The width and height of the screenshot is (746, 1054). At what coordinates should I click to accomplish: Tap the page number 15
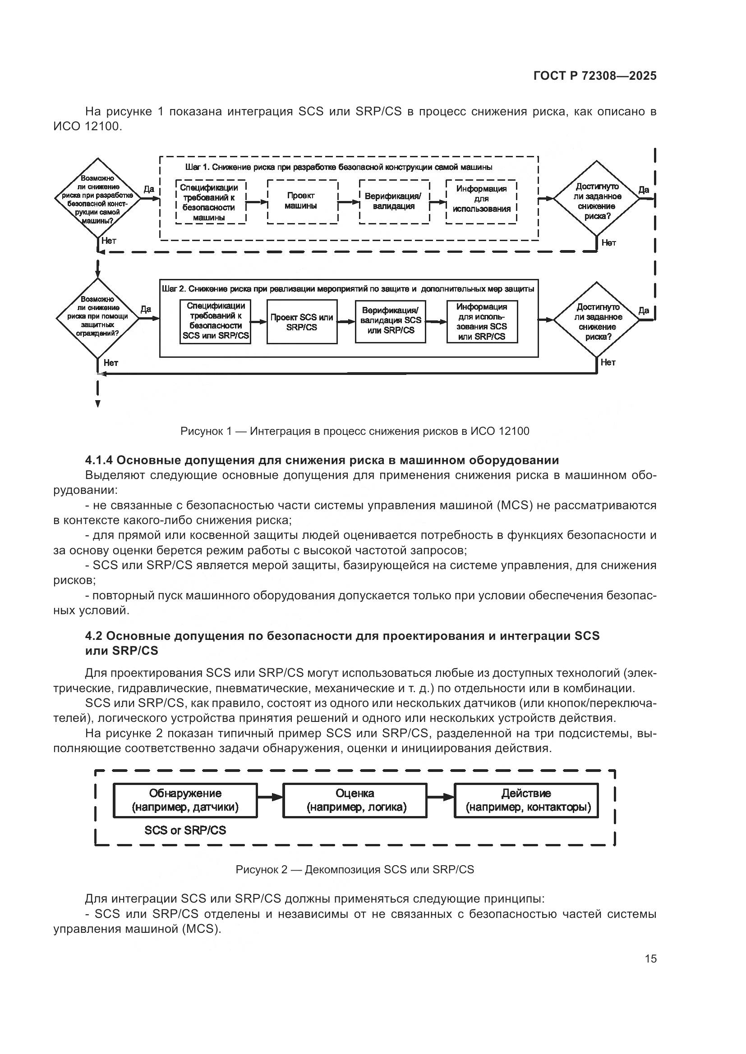[x=650, y=958]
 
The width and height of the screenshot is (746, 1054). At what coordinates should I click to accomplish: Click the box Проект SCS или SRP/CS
[x=302, y=322]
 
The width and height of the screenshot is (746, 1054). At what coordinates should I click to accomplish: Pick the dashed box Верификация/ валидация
[x=394, y=201]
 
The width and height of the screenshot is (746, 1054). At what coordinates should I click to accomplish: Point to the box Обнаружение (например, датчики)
[x=185, y=800]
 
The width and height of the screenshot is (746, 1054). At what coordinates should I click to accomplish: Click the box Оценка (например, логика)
[x=355, y=800]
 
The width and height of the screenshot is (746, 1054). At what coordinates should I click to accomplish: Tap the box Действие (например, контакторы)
[x=526, y=800]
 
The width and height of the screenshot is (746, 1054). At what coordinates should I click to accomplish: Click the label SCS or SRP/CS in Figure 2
[x=185, y=830]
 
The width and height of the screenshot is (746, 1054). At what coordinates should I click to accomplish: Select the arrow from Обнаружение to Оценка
[x=270, y=798]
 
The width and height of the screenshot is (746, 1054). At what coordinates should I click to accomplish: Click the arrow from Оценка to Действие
[x=441, y=798]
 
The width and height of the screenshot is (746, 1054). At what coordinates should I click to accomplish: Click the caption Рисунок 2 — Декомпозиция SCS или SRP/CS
[x=355, y=869]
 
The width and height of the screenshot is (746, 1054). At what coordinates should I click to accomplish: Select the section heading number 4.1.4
[x=99, y=460]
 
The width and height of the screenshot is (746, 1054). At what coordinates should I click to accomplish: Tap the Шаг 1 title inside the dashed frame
[x=339, y=168]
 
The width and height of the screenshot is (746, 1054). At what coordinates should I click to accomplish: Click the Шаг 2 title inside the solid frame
[x=348, y=289]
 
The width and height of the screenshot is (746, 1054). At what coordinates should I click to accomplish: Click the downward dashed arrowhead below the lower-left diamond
[x=98, y=404]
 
